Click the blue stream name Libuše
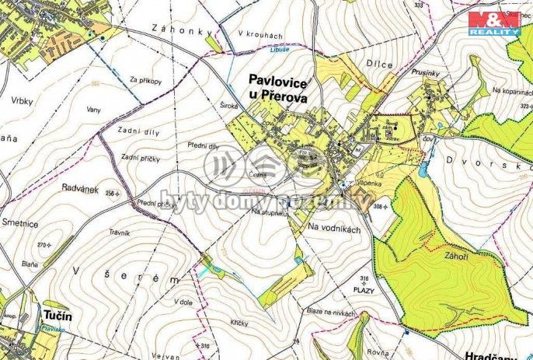[x=279, y=48]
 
